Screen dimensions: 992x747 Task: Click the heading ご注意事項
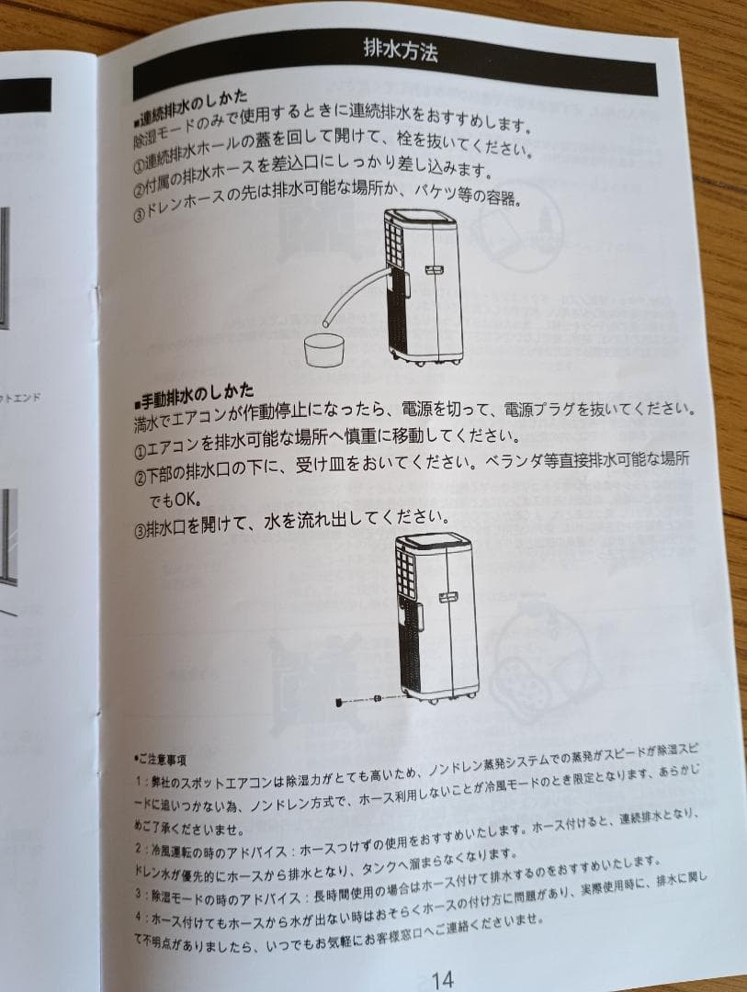163,761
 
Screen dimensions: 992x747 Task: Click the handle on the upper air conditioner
435,268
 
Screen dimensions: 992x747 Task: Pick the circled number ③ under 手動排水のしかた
140,529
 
